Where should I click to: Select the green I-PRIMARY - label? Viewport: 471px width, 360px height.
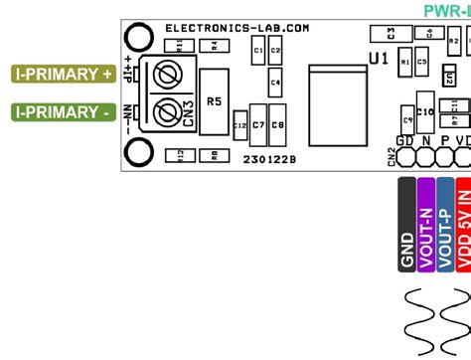pyautogui.click(x=62, y=113)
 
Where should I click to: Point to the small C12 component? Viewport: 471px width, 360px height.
pyautogui.click(x=239, y=125)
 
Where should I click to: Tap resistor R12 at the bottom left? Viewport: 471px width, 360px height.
pyautogui.click(x=179, y=154)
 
